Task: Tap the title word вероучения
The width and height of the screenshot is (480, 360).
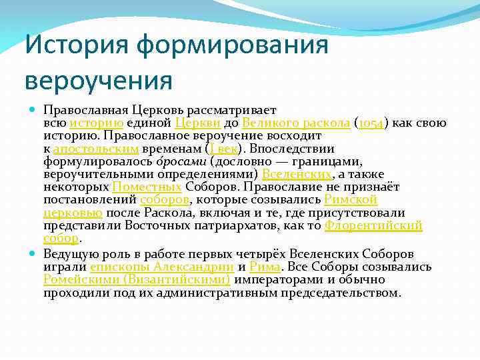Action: pos(99,81)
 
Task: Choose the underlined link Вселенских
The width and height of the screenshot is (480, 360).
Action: pos(297,174)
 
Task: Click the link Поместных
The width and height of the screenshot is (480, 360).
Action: pos(147,187)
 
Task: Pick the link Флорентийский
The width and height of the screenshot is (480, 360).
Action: pos(373,225)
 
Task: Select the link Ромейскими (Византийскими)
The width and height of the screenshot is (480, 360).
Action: pos(137,279)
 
